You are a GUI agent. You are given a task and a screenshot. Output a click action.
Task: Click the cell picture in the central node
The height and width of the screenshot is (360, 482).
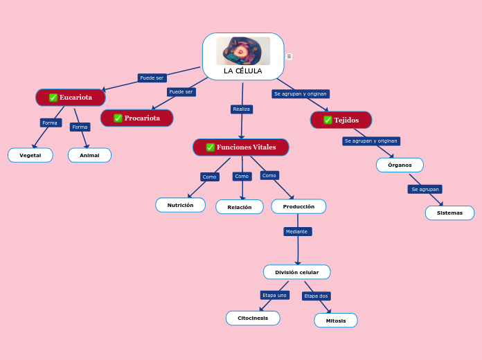coord(243,51)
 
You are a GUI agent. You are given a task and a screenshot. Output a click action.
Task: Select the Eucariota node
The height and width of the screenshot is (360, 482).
coord(71,98)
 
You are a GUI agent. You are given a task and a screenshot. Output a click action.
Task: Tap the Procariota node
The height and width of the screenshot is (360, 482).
coord(137,118)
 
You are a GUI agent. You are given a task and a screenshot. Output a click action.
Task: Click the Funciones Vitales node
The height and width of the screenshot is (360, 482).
coord(241,147)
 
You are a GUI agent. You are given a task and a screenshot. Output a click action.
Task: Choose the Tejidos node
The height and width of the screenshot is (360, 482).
coord(341,120)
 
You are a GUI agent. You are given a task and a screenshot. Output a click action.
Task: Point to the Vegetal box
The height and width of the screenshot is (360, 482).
coord(30,156)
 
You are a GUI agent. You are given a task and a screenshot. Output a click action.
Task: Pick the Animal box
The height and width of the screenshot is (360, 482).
coord(89,156)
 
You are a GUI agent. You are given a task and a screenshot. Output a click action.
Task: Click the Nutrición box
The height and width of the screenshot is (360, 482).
coord(181,206)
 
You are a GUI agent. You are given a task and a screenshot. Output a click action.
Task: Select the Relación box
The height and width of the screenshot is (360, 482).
coord(240,207)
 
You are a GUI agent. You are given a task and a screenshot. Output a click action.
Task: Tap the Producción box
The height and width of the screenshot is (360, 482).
coord(298,206)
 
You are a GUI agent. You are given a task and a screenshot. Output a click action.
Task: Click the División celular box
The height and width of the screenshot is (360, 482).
coord(297,272)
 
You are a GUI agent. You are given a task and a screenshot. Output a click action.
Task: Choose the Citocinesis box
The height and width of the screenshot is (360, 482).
coord(253,318)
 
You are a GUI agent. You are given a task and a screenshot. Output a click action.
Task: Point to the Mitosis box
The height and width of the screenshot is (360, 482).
coord(336,321)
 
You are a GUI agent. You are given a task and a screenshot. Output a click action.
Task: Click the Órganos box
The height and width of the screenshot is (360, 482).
coord(400,165)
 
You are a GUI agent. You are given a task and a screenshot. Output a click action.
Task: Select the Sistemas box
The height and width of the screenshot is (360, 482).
coord(449,213)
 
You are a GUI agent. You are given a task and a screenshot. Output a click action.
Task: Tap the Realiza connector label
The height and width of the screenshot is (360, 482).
coord(242,109)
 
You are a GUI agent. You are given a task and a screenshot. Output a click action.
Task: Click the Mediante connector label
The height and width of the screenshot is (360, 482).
coord(297,232)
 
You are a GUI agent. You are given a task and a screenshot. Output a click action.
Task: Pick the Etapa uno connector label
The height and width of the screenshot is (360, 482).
coord(274,296)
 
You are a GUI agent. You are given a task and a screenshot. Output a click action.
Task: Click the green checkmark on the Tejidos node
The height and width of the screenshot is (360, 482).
coord(328,120)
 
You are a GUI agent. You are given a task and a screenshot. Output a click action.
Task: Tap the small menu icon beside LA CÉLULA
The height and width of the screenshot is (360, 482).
coord(289,57)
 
